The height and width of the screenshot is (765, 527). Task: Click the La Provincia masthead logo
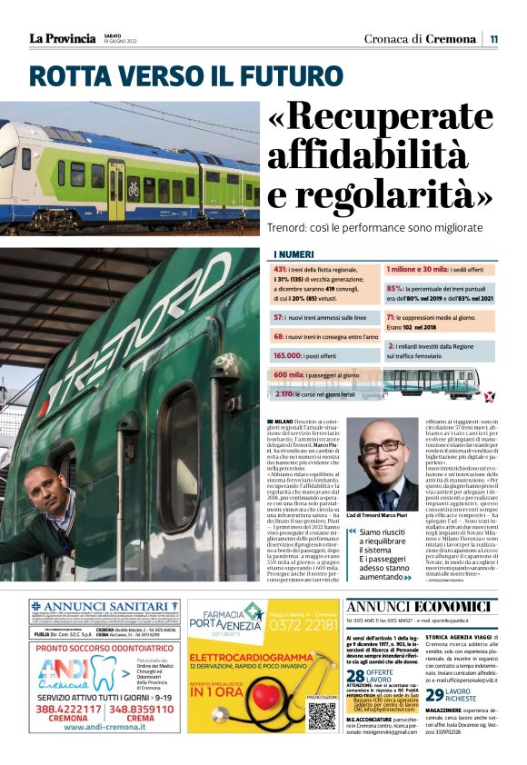[62, 38]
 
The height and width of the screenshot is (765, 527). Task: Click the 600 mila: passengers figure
[291, 374]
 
